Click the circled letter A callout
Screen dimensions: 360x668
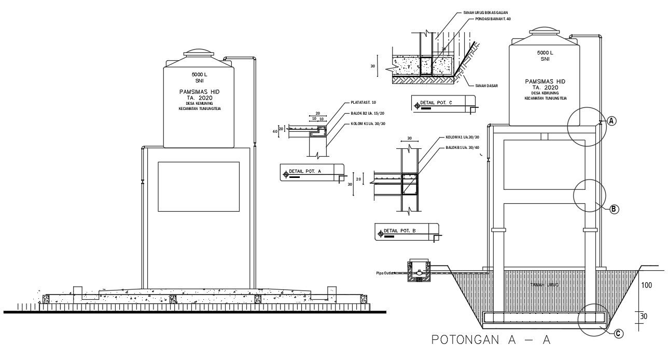[x=611, y=121]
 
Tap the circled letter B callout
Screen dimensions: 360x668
[x=614, y=209]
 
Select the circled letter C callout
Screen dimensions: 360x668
[x=618, y=334]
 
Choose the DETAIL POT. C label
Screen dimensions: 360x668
[x=436, y=103]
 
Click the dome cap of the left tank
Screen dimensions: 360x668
[x=198, y=52]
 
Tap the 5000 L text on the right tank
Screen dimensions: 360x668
[x=545, y=53]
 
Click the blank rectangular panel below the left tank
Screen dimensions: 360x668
[x=199, y=186]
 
